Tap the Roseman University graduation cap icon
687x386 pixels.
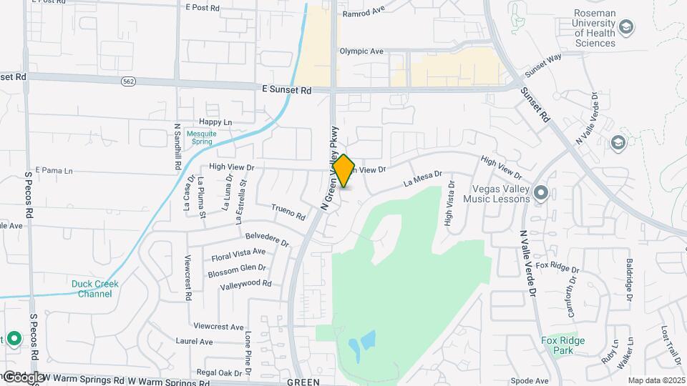(627, 28)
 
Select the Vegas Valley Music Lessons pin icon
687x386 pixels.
(541, 193)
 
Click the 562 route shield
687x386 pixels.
(128, 81)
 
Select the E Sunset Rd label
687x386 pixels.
(286, 90)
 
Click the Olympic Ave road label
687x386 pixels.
(361, 51)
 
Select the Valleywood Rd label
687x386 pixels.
(246, 284)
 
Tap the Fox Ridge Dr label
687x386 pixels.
(555, 267)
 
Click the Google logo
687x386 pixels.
(24, 377)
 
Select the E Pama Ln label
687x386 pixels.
(49, 172)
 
